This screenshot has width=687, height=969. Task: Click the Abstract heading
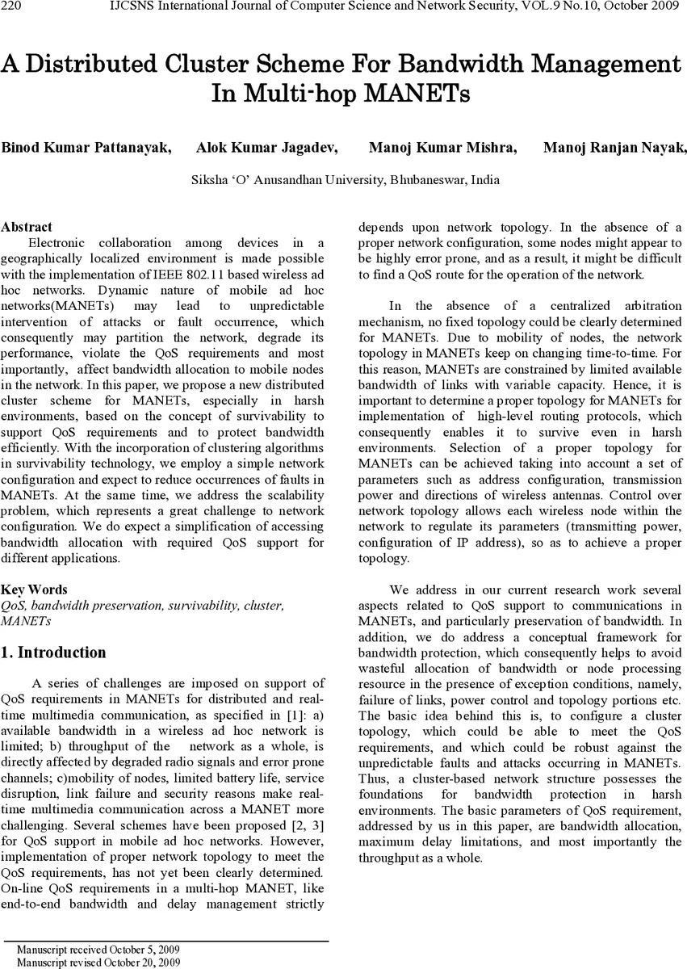point(27,227)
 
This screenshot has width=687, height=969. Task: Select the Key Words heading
point(34,589)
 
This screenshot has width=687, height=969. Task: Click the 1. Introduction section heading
point(54,652)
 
